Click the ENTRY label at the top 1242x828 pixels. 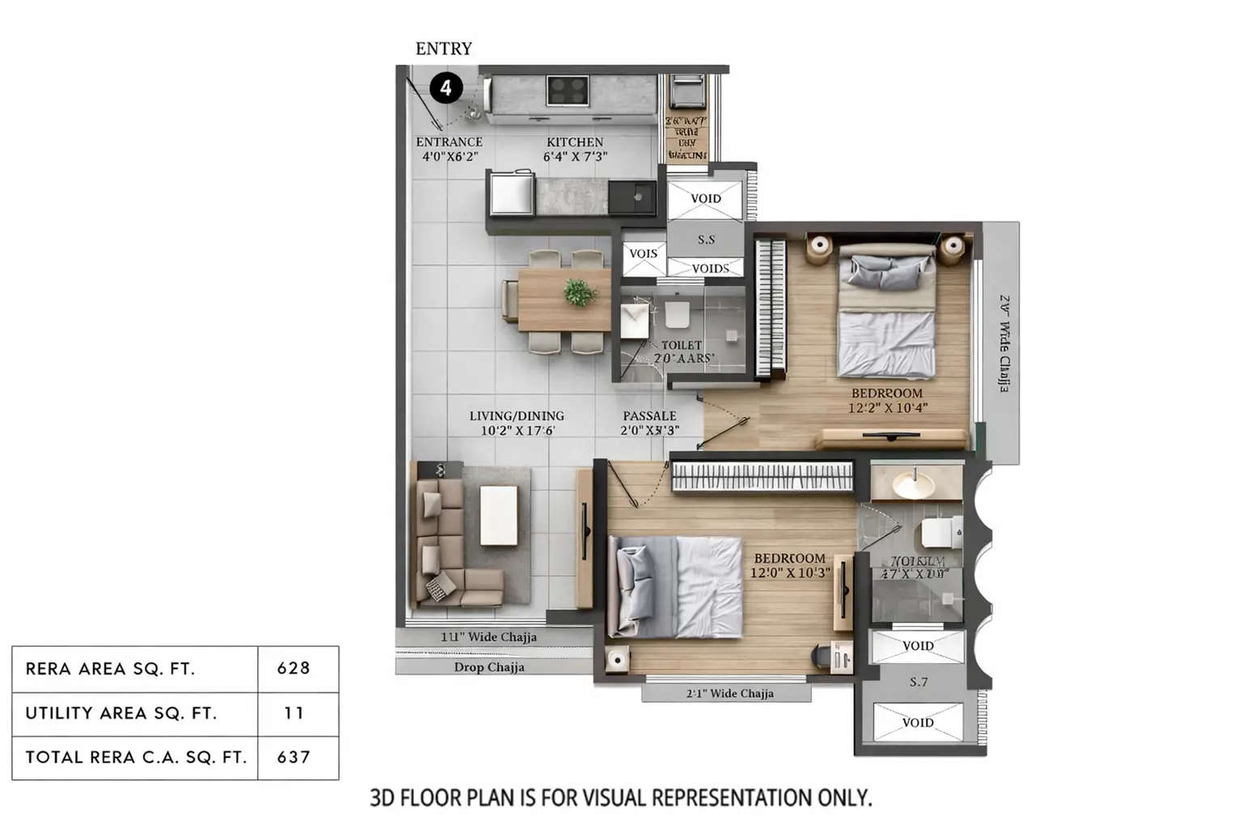click(x=443, y=49)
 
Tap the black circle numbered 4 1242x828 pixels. click(x=446, y=87)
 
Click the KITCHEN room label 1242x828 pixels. click(x=575, y=142)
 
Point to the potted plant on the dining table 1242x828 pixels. click(x=578, y=292)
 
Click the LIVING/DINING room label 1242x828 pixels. click(x=517, y=416)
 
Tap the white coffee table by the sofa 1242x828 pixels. click(x=498, y=515)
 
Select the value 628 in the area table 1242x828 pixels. click(x=294, y=669)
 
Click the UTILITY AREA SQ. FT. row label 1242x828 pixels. click(x=121, y=713)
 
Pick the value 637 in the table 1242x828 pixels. click(x=294, y=758)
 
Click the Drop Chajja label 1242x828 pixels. click(x=489, y=667)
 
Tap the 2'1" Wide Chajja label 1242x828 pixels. click(x=729, y=693)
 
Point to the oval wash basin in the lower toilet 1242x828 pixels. click(x=914, y=485)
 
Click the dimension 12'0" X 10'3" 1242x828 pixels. click(x=789, y=572)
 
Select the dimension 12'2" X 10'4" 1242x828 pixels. click(x=887, y=408)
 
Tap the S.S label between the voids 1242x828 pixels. click(x=706, y=239)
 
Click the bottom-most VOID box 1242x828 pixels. click(x=918, y=722)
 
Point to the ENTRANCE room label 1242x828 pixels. click(x=449, y=142)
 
